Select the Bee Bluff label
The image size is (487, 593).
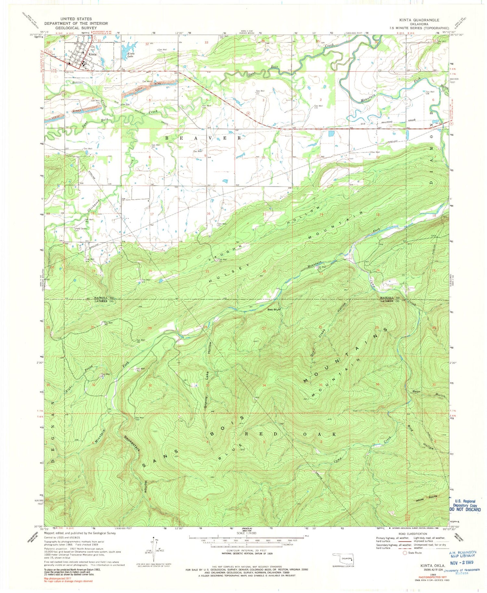(x=274, y=309)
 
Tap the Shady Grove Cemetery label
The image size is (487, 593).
(x=81, y=230)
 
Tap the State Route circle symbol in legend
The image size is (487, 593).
(x=405, y=553)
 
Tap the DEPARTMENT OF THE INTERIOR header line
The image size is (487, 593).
(x=76, y=23)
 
